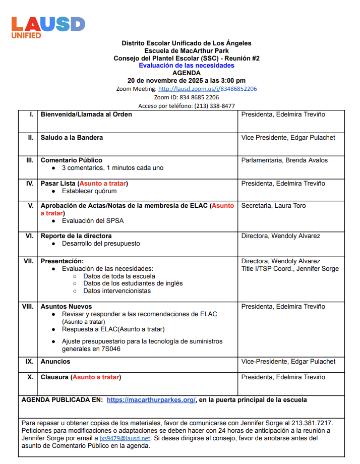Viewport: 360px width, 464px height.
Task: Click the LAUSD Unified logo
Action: tap(48, 26)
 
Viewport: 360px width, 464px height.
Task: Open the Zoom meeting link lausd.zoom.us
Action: tap(208, 89)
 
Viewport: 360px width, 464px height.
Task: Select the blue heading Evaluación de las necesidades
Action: tap(187, 66)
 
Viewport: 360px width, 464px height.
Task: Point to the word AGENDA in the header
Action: tap(187, 73)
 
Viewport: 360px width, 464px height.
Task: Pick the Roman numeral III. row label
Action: tap(29, 160)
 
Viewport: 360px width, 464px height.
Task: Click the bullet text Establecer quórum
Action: tap(89, 191)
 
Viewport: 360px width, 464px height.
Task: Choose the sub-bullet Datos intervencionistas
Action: tap(117, 291)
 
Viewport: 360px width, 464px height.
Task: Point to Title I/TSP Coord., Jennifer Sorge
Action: tap(290, 269)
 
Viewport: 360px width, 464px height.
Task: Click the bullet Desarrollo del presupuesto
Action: tap(101, 244)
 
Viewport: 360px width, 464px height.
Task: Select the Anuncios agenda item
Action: tap(55, 362)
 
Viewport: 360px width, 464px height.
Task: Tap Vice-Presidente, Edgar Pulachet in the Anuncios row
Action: tap(288, 362)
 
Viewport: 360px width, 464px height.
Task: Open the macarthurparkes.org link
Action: tap(151, 400)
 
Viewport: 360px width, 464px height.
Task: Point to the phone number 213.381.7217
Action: tap(311, 423)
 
